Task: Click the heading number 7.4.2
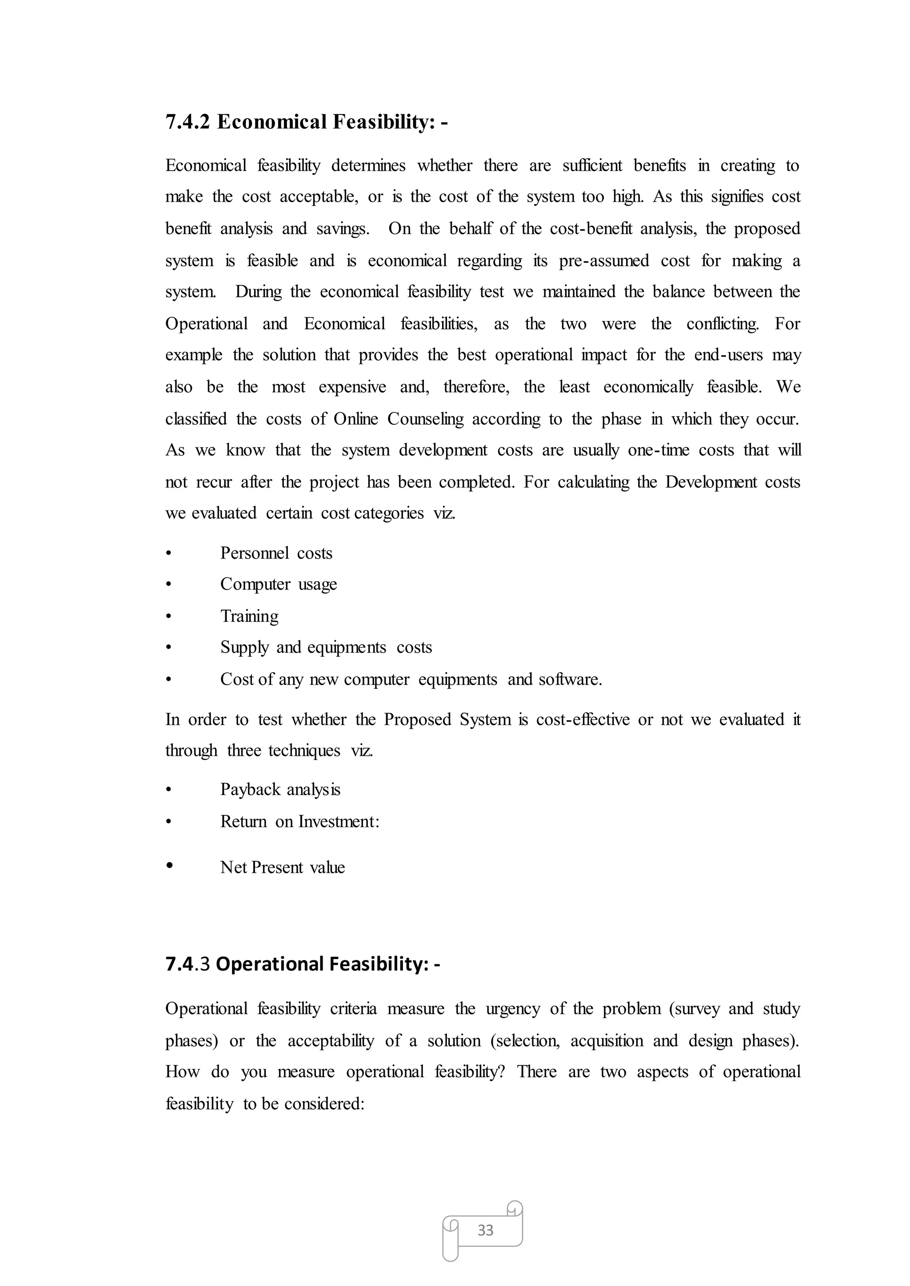(187, 122)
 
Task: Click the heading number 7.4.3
(187, 964)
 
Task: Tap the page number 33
(485, 1230)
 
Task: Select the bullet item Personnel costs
(276, 553)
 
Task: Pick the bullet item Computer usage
(279, 584)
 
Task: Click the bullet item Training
(249, 616)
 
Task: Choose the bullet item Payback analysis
(280, 790)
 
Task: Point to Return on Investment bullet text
(300, 822)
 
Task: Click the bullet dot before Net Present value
(169, 866)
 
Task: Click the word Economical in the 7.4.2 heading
(272, 122)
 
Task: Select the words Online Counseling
(399, 419)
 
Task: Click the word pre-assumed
(603, 260)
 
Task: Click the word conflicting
(722, 324)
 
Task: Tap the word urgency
(512, 1009)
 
